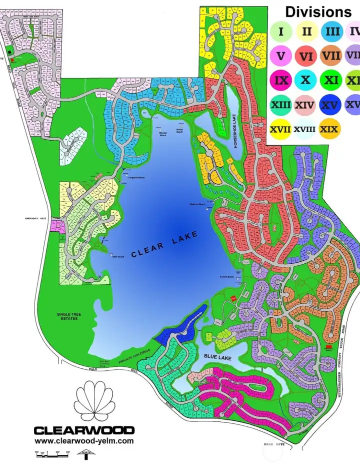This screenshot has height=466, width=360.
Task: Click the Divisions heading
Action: [x=318, y=12]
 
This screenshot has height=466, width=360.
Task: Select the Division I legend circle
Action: [x=281, y=32]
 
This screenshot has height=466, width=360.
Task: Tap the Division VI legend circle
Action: [x=306, y=56]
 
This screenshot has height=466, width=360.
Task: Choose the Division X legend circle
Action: [x=306, y=80]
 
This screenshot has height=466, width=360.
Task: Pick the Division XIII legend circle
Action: [x=281, y=105]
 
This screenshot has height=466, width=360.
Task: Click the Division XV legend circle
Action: [x=330, y=105]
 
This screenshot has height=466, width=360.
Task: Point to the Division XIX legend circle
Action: [x=330, y=129]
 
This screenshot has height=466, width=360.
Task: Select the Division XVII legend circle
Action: [x=280, y=129]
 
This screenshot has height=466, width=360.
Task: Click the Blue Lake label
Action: [x=216, y=356]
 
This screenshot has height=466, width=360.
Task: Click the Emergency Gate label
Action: [x=35, y=219]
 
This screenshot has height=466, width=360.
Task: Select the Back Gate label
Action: [x=275, y=444]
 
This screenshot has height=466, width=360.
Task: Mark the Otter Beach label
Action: [x=117, y=257]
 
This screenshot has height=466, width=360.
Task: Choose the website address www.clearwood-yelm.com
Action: [x=84, y=441]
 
